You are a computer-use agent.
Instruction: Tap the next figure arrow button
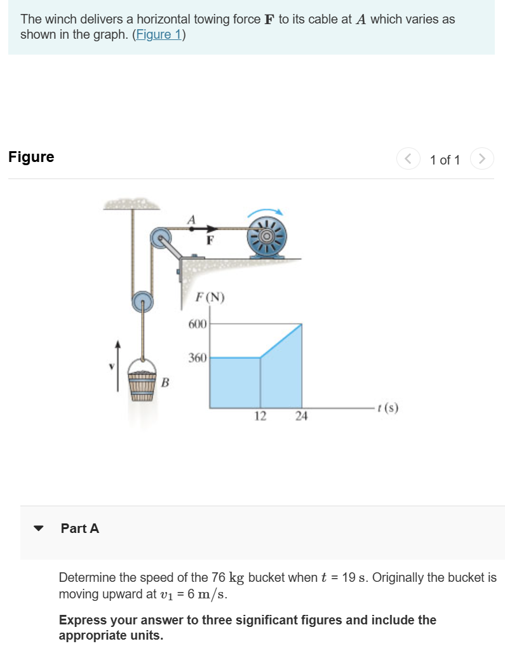tap(482, 159)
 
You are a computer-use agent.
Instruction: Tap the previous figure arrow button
tap(407, 159)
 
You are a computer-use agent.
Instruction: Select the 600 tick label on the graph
tap(198, 325)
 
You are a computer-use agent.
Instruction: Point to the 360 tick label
tap(198, 358)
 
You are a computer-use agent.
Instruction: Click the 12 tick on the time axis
tap(260, 416)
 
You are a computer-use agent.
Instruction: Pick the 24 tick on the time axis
tap(302, 416)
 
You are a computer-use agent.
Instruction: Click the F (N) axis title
tap(210, 297)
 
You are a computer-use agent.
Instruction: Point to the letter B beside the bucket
tap(165, 382)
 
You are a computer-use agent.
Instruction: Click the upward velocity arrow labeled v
tap(118, 365)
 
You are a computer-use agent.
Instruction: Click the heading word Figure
tap(31, 157)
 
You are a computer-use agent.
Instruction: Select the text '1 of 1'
tap(445, 159)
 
